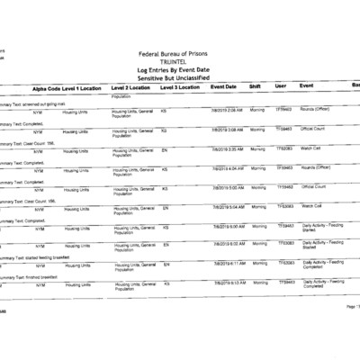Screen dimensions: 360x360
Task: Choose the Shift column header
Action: point(256,87)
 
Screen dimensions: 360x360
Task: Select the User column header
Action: point(281,87)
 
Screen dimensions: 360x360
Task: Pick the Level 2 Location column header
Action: point(132,87)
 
